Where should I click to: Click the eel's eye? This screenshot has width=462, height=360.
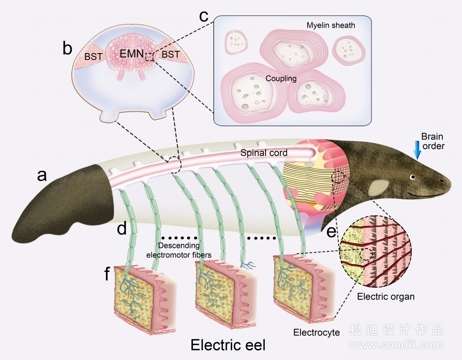click(413, 177)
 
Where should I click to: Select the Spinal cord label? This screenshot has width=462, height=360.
click(264, 153)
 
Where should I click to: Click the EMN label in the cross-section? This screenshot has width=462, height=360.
click(132, 54)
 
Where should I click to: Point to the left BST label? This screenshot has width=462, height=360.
click(93, 57)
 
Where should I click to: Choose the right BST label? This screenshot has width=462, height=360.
click(171, 54)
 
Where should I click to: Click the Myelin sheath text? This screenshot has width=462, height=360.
click(331, 25)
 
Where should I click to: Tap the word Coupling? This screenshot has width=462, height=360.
click(281, 79)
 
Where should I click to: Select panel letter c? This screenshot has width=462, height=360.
click(204, 16)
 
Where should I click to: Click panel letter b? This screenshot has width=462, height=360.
click(67, 48)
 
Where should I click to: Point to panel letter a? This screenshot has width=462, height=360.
click(42, 176)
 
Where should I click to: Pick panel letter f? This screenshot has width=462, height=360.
click(107, 274)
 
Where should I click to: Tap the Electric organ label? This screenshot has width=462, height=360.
click(386, 296)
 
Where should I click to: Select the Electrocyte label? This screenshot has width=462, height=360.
click(316, 332)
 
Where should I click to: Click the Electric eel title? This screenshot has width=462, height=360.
click(228, 345)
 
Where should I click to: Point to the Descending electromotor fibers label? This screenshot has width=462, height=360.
click(179, 250)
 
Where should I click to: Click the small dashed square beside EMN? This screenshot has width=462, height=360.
click(150, 57)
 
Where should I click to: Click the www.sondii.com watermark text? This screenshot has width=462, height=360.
click(396, 345)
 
